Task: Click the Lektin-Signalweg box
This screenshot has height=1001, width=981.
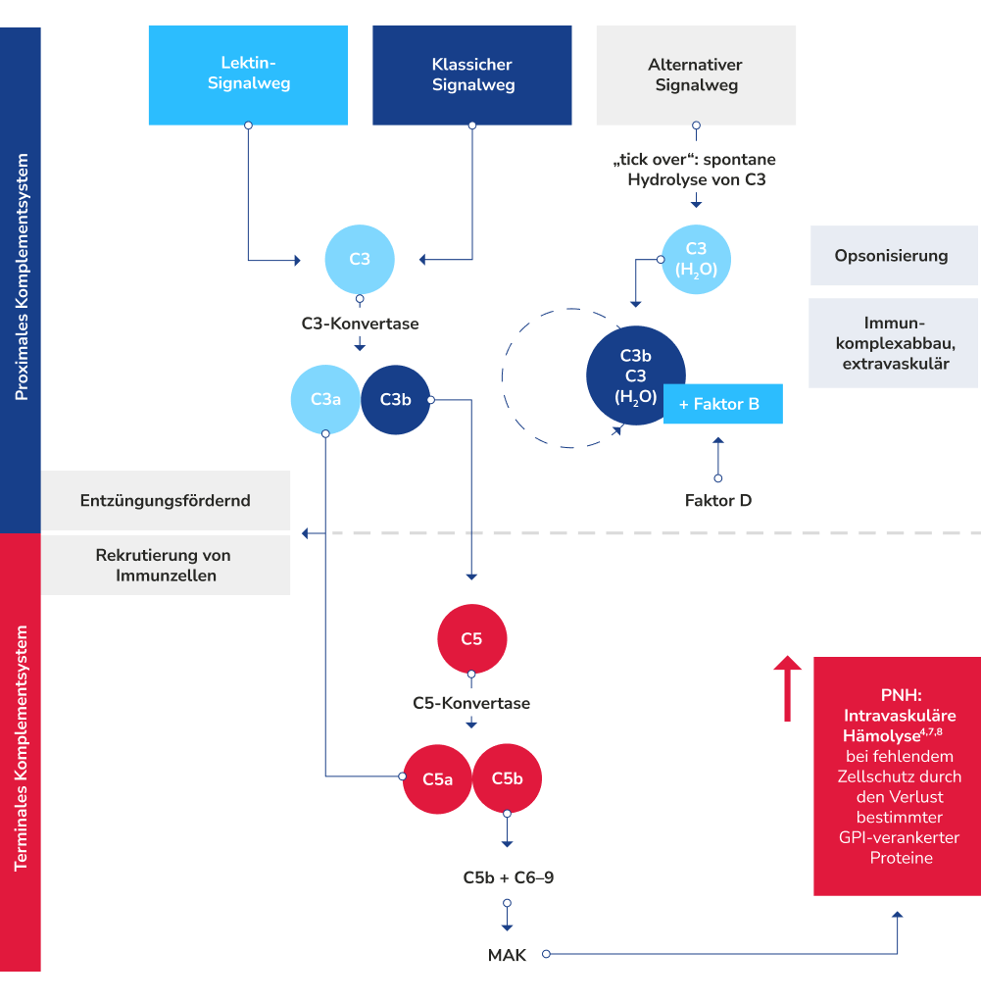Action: pos(248,75)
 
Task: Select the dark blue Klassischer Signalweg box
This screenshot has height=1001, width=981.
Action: pos(472,75)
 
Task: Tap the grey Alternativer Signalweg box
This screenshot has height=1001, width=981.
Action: pos(696,75)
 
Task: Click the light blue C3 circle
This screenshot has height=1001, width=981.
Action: pos(360,260)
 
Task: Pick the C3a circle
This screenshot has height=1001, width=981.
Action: pos(325,399)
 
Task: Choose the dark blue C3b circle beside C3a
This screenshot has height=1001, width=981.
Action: pos(395,399)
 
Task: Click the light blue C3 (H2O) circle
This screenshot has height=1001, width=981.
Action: pos(697,260)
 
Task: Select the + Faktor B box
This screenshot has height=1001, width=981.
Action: pos(723,404)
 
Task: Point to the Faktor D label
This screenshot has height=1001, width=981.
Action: pos(718,501)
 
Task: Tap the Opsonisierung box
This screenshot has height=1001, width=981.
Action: pos(892,256)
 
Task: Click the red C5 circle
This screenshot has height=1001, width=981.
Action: pos(471,639)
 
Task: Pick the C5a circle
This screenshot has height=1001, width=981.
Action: pos(437,778)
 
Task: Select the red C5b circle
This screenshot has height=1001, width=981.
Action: pos(507,778)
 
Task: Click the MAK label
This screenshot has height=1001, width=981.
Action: pos(507,954)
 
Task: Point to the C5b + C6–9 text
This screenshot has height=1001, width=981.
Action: pos(509,877)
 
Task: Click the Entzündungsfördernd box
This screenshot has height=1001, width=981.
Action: pos(165,500)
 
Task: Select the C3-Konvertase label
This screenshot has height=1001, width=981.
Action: pos(360,323)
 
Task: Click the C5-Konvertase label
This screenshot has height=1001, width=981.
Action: pos(471,703)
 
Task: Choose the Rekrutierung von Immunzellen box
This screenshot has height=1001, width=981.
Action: pos(165,565)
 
